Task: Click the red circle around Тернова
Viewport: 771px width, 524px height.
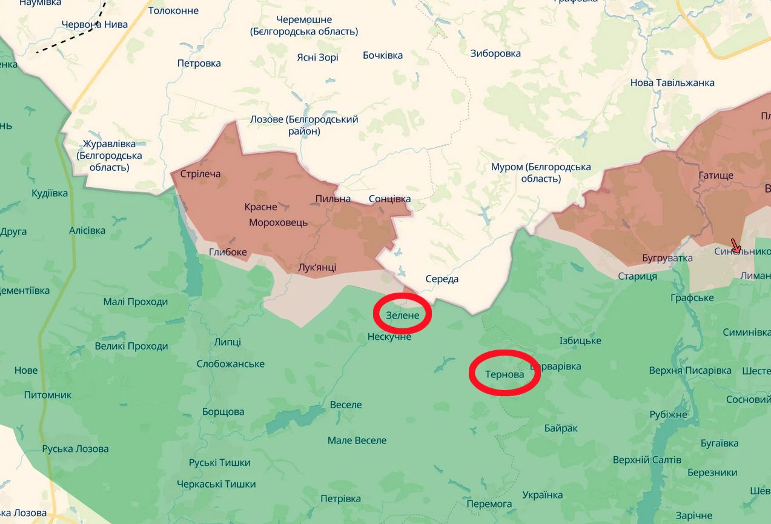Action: pyautogui.click(x=505, y=373)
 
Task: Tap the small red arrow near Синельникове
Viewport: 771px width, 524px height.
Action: pyautogui.click(x=735, y=246)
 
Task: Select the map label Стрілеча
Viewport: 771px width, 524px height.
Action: pyautogui.click(x=200, y=174)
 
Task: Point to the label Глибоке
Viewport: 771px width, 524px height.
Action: pyautogui.click(x=228, y=252)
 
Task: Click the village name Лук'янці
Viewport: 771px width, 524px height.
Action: pyautogui.click(x=317, y=267)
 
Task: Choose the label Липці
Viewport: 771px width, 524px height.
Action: pyautogui.click(x=227, y=342)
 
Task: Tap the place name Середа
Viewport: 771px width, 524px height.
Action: pyautogui.click(x=442, y=279)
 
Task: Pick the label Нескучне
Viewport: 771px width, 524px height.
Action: pyautogui.click(x=389, y=336)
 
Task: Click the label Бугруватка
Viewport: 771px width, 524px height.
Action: pyautogui.click(x=667, y=258)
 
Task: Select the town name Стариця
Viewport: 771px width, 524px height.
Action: pyautogui.click(x=637, y=276)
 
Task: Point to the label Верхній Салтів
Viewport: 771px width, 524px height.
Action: pyautogui.click(x=647, y=460)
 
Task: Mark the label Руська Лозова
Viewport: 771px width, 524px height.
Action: pyautogui.click(x=76, y=449)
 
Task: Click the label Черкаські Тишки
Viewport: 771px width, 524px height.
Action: pyautogui.click(x=216, y=484)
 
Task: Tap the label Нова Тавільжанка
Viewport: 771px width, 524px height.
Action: pyautogui.click(x=672, y=82)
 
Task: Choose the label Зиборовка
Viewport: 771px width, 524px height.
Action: pyautogui.click(x=495, y=53)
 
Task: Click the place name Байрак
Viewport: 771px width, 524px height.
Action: pyautogui.click(x=561, y=428)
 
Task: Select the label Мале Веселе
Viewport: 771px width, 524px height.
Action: pyautogui.click(x=357, y=440)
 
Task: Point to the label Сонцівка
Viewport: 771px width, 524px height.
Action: pyautogui.click(x=390, y=199)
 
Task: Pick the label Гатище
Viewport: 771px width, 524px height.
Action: pyautogui.click(x=716, y=176)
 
